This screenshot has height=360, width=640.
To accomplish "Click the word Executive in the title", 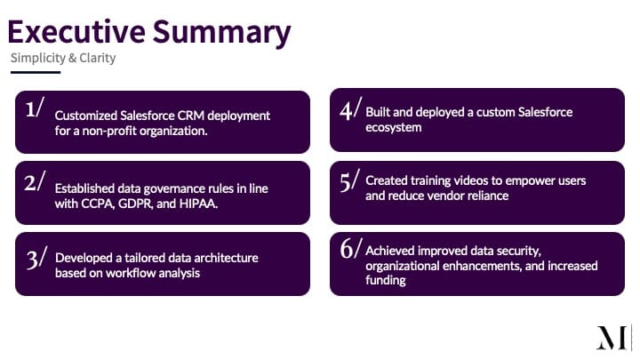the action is [x=76, y=31].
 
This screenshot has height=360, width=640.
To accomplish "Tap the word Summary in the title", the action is [x=221, y=34].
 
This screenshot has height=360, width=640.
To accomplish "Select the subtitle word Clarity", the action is [x=98, y=59].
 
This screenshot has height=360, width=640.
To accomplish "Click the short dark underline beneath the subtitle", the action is [x=36, y=72].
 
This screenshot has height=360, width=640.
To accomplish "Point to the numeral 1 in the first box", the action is [x=30, y=109].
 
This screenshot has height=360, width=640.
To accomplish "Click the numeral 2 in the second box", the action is [x=30, y=182].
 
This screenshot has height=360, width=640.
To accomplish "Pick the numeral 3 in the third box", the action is [x=32, y=260].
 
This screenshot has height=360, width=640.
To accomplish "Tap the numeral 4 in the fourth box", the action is [x=346, y=110].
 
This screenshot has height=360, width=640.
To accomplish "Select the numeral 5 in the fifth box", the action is [x=345, y=182].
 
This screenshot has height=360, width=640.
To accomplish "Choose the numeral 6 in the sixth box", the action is [x=347, y=248].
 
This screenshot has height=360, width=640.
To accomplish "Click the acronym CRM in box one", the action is [x=190, y=116].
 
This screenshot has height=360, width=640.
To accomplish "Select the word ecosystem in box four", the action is [x=394, y=128].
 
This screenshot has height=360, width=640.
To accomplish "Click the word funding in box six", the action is [x=386, y=280].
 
